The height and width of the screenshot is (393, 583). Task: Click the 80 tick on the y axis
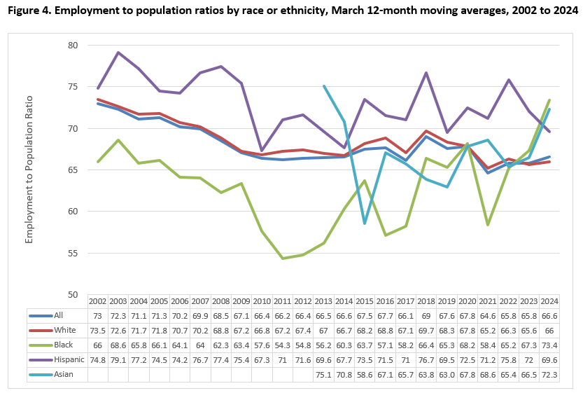[73, 46]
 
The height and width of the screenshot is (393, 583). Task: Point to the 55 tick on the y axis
[73, 253]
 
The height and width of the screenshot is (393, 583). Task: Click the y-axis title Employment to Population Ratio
[29, 170]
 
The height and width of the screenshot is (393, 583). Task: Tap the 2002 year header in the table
[98, 301]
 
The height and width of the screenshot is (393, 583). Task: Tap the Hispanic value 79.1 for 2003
[118, 359]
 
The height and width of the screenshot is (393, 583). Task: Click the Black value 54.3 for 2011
[282, 345]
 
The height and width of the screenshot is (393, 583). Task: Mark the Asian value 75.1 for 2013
[323, 374]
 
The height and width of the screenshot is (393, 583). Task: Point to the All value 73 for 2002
[98, 315]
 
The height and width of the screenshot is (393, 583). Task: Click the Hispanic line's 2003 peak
[118, 53]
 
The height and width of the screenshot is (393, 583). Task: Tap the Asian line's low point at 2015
[365, 223]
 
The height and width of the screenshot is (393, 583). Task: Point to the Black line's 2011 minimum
[282, 258]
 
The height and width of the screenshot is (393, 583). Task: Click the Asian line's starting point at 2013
[323, 85]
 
